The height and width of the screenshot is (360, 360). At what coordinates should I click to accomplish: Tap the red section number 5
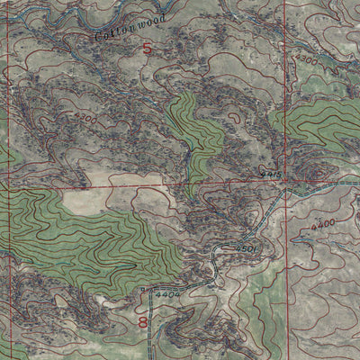pos(147,50)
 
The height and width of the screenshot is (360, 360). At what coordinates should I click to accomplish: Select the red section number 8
pos(142,320)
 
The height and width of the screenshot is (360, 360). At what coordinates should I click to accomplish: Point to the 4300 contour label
pos(306,59)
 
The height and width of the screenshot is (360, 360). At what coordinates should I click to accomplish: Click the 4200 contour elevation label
pos(85,118)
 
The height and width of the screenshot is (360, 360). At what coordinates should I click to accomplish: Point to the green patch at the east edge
pos(324,126)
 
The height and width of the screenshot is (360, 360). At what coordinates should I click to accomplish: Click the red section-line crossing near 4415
pos(287,183)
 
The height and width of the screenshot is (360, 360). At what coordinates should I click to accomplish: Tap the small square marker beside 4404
pos(144,289)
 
